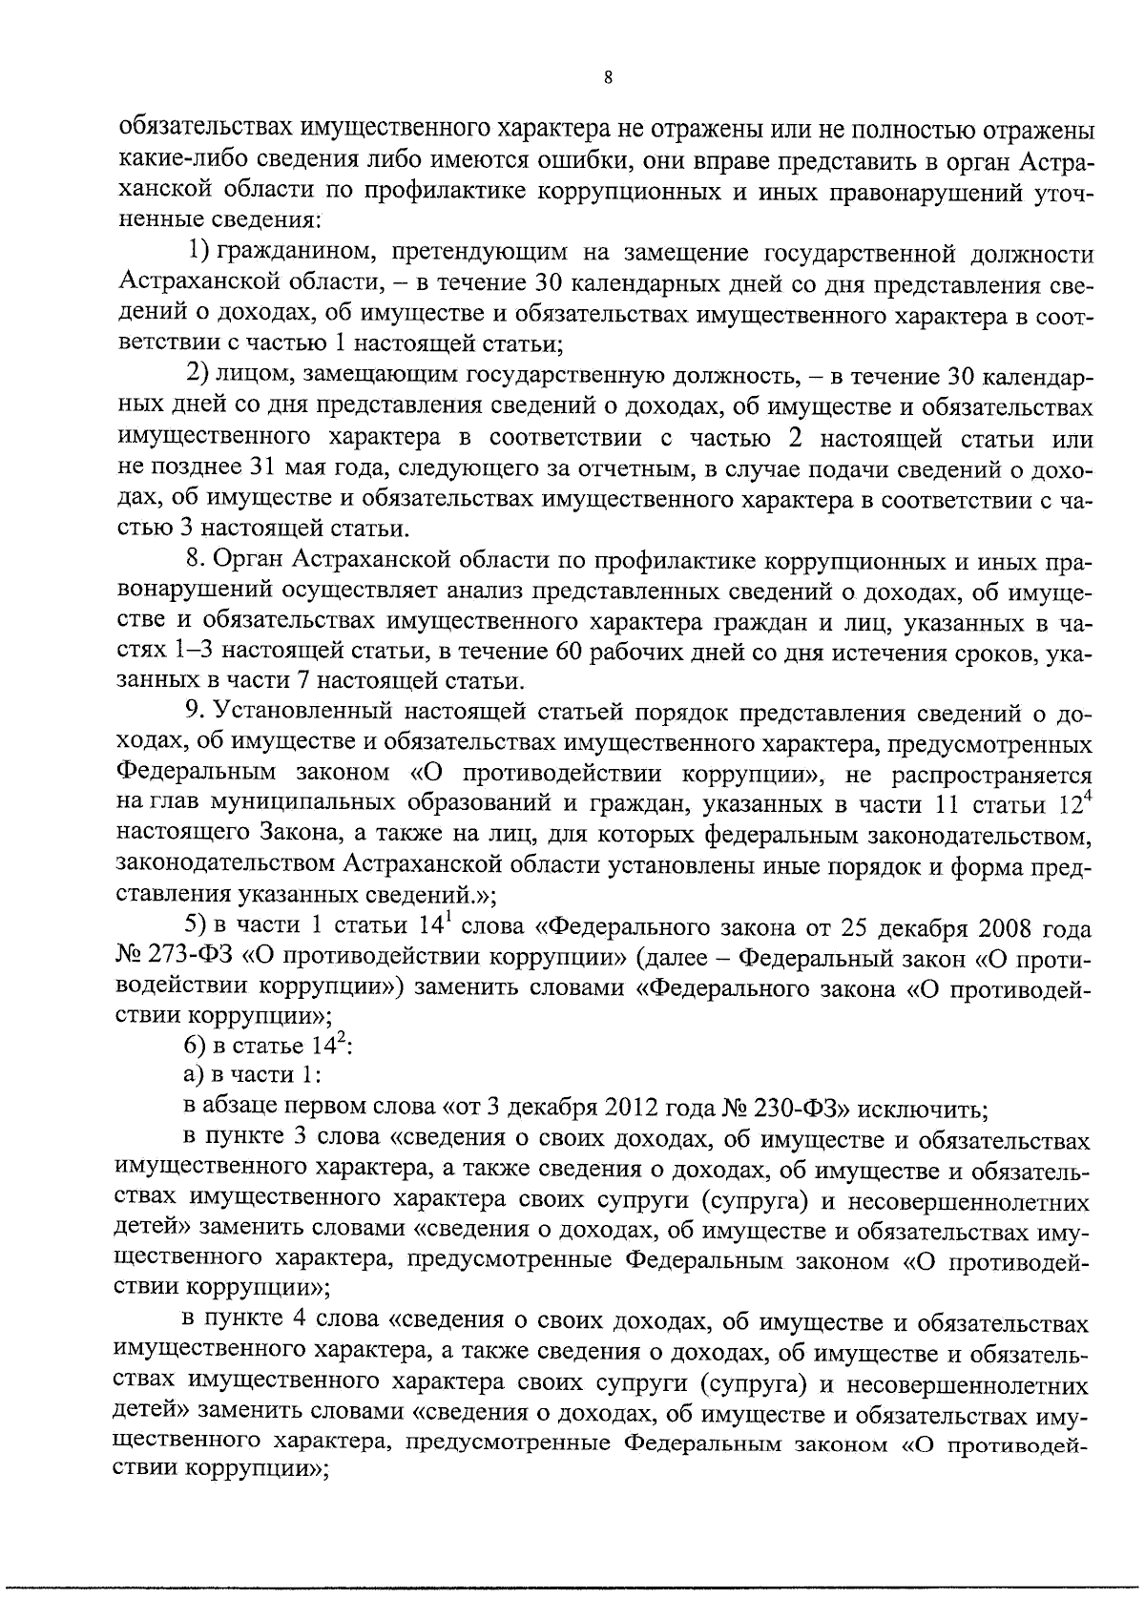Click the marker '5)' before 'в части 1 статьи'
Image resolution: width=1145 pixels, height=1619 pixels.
(x=197, y=927)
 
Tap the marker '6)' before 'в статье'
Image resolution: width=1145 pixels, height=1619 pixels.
(x=197, y=1047)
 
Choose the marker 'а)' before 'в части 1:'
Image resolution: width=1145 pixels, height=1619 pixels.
(x=195, y=1076)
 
